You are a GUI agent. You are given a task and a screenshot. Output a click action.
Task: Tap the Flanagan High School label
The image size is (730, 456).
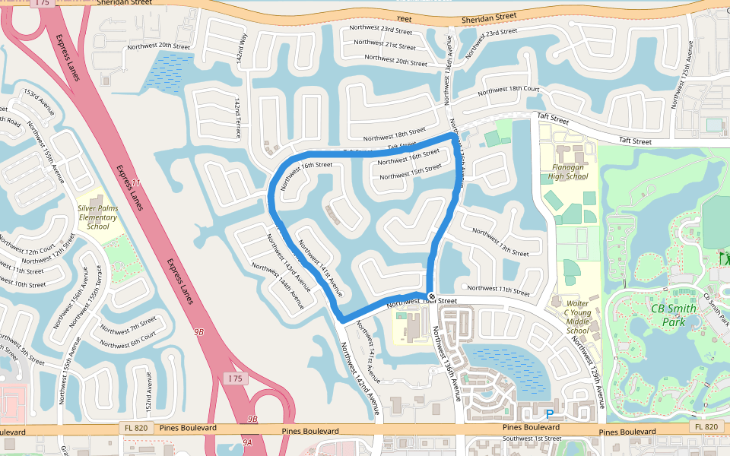tap(568, 172)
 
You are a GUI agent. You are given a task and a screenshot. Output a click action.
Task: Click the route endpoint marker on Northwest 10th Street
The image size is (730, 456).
tap(431, 296)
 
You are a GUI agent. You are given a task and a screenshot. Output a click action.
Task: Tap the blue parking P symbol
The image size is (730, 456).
tap(549, 414)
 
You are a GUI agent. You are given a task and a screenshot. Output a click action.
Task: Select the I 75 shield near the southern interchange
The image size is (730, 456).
tap(236, 378)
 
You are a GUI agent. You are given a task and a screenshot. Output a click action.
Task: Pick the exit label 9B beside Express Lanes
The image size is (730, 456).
tap(199, 332)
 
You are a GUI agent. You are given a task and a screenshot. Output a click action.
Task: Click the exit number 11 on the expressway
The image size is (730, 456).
tap(136, 183)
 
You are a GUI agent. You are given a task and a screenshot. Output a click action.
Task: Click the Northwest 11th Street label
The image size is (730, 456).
tap(498, 290)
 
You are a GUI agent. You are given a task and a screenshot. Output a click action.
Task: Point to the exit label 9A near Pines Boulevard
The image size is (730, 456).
tap(247, 442)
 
